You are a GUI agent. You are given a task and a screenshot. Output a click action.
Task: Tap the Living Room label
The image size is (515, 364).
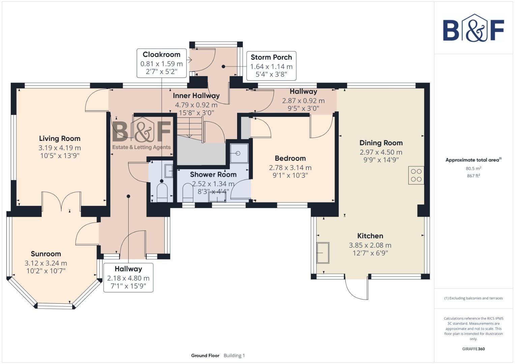coord(60,139)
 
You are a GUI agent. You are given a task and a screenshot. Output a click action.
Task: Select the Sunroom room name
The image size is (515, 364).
coord(46,254)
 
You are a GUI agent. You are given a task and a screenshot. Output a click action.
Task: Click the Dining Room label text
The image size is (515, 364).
coord(381,143)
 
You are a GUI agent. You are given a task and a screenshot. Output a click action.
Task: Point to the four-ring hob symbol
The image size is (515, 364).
coord(416,175)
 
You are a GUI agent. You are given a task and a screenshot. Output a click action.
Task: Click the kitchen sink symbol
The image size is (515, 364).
coord(323,253)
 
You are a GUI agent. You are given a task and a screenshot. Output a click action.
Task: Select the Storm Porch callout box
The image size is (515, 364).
coord(271,66)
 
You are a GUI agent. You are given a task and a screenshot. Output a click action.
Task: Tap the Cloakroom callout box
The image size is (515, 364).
coord(162,63)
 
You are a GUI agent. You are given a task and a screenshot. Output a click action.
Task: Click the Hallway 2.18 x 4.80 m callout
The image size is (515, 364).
coord(128,278)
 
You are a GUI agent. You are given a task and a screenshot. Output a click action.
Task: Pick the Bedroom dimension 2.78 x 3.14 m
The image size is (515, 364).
coord(290,168)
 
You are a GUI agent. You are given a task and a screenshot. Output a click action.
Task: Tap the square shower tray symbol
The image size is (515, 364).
coord(239,153)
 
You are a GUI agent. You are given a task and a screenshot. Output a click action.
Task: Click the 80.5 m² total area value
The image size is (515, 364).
coord(473,169)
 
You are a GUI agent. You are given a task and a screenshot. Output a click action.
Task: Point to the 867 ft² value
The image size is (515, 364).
coord(473,176)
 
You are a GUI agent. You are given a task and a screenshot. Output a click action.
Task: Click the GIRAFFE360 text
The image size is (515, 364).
coord(473,349)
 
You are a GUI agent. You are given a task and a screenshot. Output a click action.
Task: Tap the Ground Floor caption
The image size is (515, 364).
coord(205,356)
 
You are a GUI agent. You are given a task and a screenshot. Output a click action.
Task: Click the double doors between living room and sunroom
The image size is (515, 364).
coord(61,201)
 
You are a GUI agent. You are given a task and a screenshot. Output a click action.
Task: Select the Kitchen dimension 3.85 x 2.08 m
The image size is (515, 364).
coord(370,245)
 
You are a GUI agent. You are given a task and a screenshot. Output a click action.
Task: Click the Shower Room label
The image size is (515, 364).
coord(213,175)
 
